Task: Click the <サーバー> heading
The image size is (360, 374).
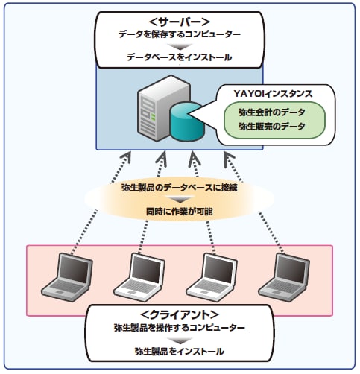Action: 180,22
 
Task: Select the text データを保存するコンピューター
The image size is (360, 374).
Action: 180,34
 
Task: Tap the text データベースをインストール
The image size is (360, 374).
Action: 180,57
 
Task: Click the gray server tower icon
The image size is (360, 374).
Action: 164,108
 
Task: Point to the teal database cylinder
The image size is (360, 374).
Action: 187,121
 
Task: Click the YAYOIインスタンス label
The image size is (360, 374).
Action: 273,94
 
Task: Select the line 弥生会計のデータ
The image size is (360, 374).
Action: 272,112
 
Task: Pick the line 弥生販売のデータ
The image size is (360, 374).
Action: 272,126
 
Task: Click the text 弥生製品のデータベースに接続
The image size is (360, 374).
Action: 180,188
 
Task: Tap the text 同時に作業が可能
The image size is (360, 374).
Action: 180,212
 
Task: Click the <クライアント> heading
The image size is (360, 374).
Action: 180,315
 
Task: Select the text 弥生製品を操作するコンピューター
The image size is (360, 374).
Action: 180,328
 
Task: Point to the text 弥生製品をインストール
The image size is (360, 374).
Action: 180,352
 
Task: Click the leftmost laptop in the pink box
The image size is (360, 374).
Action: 67,277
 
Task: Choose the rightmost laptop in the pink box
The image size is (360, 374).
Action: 284,277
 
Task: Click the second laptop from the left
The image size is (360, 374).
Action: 139,277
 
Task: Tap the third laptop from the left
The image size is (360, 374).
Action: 212,277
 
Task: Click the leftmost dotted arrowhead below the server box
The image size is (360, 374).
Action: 126,157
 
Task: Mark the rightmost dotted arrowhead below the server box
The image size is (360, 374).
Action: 229,159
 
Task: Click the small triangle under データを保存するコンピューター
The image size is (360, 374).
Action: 180,46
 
